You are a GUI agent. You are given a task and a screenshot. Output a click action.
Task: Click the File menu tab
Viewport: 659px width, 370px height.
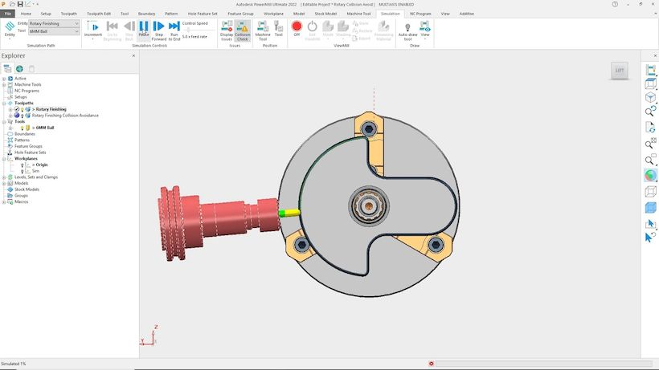(8, 14)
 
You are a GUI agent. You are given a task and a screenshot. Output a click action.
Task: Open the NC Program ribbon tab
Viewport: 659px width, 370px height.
(420, 14)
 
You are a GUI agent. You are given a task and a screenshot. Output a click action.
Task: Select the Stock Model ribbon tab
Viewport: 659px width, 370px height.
(325, 14)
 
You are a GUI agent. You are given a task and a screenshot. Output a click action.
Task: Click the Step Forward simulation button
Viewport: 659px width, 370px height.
(158, 30)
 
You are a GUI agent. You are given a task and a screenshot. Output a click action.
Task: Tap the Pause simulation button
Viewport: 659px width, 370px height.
(143, 30)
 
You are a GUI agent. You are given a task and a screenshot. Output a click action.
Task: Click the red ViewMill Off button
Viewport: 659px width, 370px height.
(297, 29)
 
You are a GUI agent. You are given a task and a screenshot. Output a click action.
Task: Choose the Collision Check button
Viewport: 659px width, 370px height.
(242, 30)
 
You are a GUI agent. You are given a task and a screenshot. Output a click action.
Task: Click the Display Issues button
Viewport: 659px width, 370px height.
(227, 30)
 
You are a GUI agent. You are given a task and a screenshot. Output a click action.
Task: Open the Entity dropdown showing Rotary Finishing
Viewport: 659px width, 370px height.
(54, 24)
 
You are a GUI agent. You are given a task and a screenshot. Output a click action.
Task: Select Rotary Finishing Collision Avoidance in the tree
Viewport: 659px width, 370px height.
(67, 116)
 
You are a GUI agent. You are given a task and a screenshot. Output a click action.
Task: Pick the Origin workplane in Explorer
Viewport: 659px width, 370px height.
(41, 165)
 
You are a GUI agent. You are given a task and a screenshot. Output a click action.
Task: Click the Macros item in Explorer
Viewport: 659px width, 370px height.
(22, 201)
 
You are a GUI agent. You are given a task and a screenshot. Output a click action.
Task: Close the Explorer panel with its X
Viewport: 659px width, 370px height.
(133, 55)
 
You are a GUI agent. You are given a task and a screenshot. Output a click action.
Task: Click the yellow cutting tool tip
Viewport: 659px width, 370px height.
(290, 213)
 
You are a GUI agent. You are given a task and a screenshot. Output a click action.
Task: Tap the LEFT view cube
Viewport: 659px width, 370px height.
(619, 71)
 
